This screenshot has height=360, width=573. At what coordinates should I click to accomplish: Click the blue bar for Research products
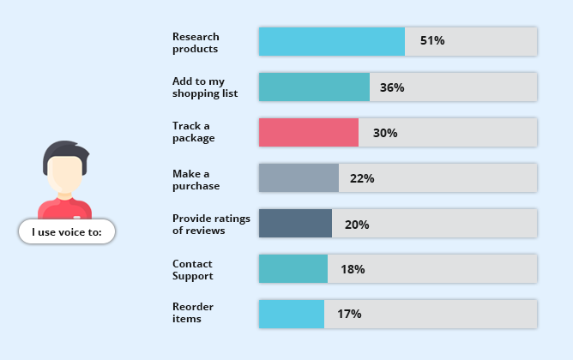click(x=331, y=41)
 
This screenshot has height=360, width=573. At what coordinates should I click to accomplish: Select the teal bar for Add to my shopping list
click(x=314, y=87)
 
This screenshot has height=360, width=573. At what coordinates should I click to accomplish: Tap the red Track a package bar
click(x=308, y=133)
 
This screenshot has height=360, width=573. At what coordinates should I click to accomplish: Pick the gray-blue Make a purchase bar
click(x=299, y=178)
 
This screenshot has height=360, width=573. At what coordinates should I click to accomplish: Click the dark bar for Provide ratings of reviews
click(x=295, y=224)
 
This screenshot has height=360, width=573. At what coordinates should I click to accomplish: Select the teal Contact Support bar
click(x=293, y=269)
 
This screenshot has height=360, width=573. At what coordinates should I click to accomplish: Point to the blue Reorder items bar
click(x=291, y=314)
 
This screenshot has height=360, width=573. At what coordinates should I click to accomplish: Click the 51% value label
click(x=431, y=41)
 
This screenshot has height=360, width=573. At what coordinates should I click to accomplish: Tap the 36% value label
click(x=392, y=87)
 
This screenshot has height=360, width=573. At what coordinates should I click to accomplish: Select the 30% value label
click(x=385, y=133)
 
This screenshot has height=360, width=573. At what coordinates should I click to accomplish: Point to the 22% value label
click(x=362, y=178)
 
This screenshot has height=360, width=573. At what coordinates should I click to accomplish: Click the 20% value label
click(x=357, y=225)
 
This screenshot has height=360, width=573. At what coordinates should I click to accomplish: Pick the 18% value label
click(x=353, y=269)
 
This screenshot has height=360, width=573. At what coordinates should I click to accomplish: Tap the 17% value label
click(x=349, y=314)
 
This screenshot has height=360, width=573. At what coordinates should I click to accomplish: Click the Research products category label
click(x=196, y=42)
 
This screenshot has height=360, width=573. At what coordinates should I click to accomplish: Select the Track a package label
click(x=193, y=132)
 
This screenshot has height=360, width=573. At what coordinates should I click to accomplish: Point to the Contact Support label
click(x=192, y=269)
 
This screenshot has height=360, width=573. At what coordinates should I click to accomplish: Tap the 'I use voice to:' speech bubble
click(x=67, y=231)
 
